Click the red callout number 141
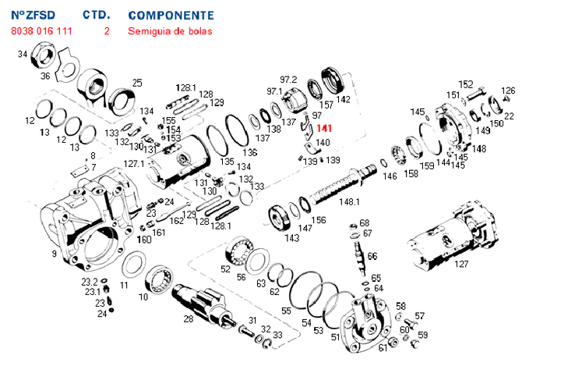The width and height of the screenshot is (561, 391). click(x=324, y=128)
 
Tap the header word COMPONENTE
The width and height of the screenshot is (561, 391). click(x=171, y=15)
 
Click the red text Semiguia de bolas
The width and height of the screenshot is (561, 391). click(x=169, y=31)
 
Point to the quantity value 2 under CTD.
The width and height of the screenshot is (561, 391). click(x=106, y=31)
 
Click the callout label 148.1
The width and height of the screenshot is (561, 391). click(x=349, y=202)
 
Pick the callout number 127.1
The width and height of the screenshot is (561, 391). click(x=134, y=164)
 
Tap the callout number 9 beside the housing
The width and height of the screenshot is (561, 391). click(x=54, y=254)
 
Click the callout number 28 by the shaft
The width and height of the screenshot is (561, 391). click(x=188, y=318)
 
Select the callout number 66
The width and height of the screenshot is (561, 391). click(x=372, y=255)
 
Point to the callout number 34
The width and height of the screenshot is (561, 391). click(x=23, y=54)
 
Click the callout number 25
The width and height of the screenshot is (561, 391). click(x=137, y=83)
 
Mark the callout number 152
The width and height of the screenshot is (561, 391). click(x=465, y=84)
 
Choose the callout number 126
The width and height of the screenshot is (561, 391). click(x=508, y=91)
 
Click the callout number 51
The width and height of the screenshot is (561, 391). click(x=336, y=336)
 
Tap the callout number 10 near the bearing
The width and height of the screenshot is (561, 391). click(x=143, y=297)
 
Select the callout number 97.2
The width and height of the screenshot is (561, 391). click(x=289, y=80)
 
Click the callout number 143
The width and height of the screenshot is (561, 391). click(x=292, y=238)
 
